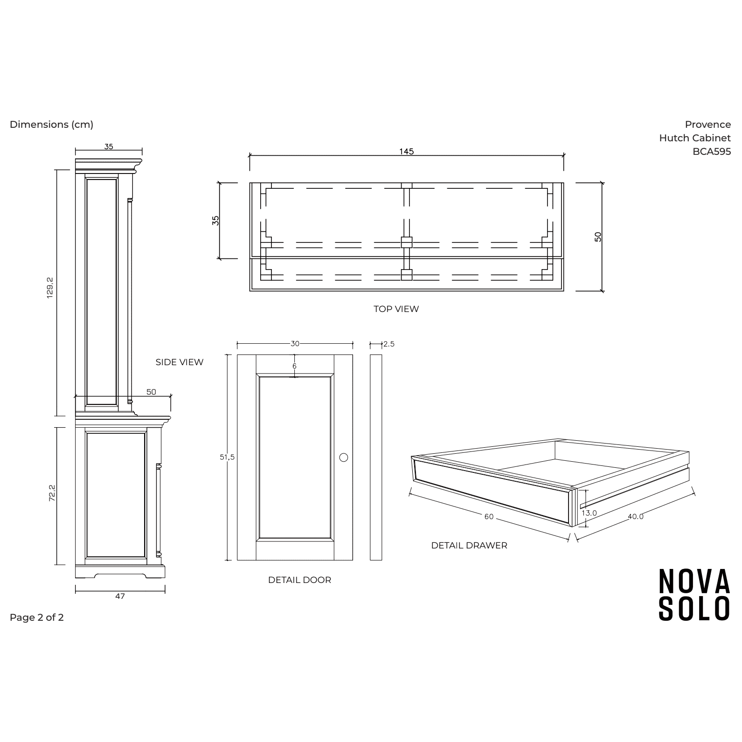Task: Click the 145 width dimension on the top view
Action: click(x=406, y=152)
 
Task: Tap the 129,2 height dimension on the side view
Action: click(x=50, y=288)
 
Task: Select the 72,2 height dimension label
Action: click(x=52, y=493)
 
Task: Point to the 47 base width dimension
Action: click(x=120, y=596)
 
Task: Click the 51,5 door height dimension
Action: click(x=227, y=457)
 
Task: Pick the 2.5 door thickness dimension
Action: click(x=389, y=344)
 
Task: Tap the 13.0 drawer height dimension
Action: click(x=589, y=513)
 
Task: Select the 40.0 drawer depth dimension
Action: click(x=636, y=516)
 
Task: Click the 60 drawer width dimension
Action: click(x=489, y=517)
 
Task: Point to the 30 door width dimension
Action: click(x=295, y=344)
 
